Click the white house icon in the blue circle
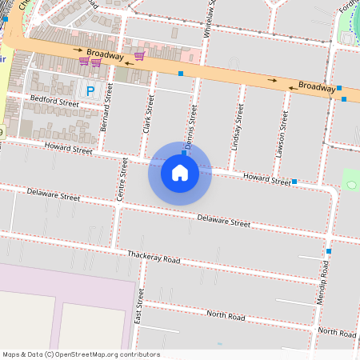(180, 173)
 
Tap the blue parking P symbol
(90, 92)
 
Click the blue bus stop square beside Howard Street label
(295, 182)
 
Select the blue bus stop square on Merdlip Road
(329, 251)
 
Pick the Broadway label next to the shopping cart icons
(105, 54)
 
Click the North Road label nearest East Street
(225, 316)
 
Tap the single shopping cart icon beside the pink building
(139, 55)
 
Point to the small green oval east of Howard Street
(350, 186)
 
